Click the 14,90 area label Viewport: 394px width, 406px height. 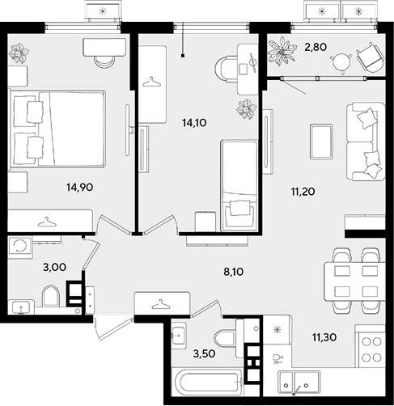click(80, 187)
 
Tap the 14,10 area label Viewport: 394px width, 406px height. click(194, 123)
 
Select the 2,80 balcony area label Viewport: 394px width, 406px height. click(316, 47)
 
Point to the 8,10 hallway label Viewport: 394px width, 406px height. click(234, 272)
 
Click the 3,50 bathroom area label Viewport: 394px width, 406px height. click(204, 353)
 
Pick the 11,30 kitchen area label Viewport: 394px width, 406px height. click(324, 337)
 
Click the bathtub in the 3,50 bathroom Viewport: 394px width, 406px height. click(207, 381)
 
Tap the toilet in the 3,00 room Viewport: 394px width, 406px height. click(50, 296)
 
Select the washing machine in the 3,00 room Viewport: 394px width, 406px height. click(20, 246)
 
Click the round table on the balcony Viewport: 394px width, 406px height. click(341, 63)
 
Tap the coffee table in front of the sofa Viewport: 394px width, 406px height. click(321, 142)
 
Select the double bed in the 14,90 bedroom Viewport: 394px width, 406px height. click(57, 129)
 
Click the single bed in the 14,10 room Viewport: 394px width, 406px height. click(239, 185)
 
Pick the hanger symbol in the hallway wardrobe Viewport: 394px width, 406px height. click(161, 304)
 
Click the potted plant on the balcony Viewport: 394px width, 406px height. click(282, 51)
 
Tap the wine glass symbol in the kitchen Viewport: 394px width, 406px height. click(277, 359)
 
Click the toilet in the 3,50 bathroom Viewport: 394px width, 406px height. click(224, 338)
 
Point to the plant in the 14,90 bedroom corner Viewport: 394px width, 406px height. click(19, 53)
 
